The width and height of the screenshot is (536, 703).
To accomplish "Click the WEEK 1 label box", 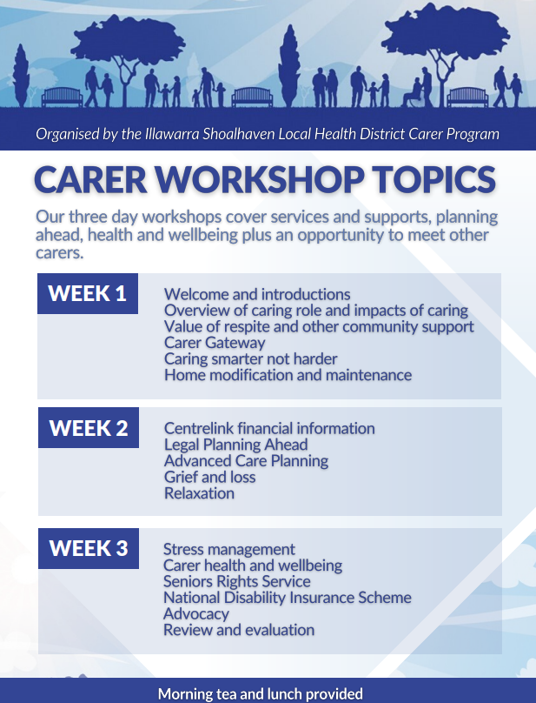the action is (x=88, y=294).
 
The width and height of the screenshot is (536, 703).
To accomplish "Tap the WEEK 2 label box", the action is (x=89, y=428).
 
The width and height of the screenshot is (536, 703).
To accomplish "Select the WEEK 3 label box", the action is (x=89, y=548).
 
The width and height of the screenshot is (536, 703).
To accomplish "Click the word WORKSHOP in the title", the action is (x=260, y=179).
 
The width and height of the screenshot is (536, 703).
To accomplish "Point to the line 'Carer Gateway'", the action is (x=215, y=343).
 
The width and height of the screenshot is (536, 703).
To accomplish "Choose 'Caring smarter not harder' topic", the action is (x=251, y=359).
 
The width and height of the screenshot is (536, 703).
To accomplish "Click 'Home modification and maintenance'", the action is (x=288, y=375).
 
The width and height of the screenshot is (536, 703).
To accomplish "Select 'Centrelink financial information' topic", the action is (x=269, y=429).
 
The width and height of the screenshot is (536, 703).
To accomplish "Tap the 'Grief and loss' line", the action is (x=210, y=477).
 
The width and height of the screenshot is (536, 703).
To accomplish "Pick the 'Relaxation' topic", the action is (x=199, y=493).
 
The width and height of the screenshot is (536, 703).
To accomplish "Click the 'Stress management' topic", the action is (x=229, y=550).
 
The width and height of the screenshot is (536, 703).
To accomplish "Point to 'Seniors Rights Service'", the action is (x=237, y=581).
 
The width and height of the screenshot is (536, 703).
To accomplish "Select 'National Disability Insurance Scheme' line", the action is (x=288, y=598).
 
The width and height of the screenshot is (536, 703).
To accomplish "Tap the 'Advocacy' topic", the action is (x=196, y=613).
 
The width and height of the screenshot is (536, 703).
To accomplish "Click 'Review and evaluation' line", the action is (x=239, y=630).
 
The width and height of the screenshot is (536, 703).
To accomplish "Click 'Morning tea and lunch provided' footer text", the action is (x=261, y=694).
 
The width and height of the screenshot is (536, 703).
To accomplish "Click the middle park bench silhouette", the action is (x=252, y=97).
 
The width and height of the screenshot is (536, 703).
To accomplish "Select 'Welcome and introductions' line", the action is (x=257, y=295).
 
